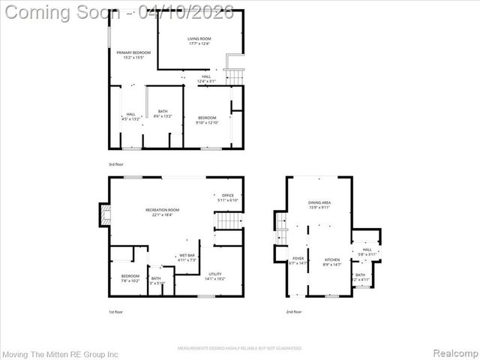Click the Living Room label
(199, 40)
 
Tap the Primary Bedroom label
(133, 55)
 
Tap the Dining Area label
(319, 205)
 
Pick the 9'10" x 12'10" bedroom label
(207, 120)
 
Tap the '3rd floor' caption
(117, 163)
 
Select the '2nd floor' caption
(295, 311)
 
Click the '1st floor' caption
(117, 311)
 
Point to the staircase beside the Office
(228, 222)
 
